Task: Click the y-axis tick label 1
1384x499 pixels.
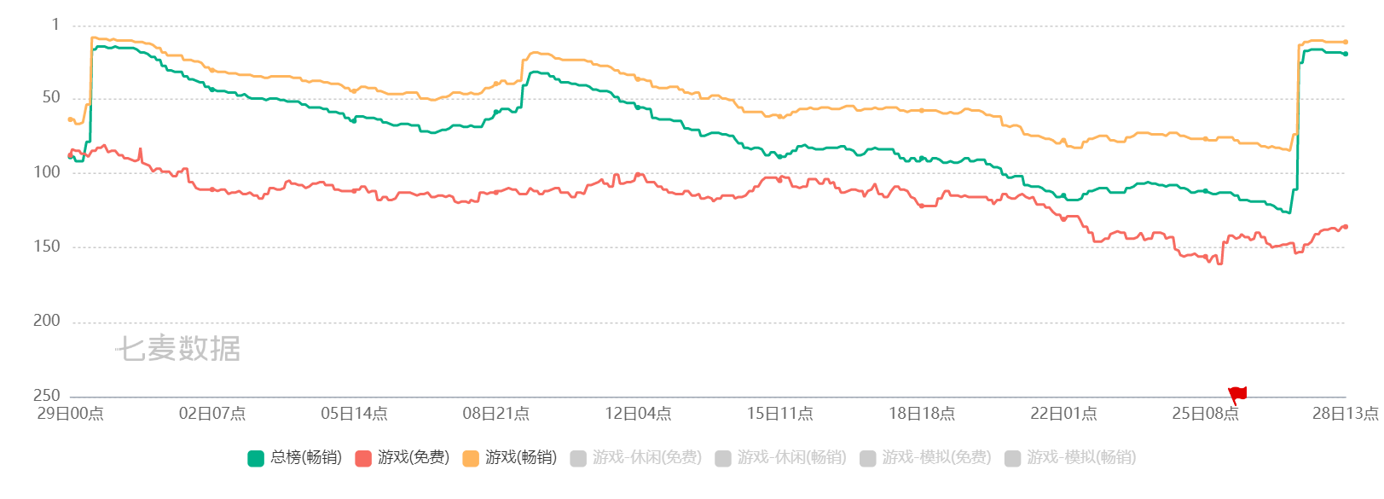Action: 55,25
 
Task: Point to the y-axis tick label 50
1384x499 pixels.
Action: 51,97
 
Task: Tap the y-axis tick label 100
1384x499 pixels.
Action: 47,171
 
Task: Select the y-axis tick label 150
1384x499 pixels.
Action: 47,246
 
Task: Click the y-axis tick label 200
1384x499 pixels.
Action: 47,320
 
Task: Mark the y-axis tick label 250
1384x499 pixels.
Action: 47,395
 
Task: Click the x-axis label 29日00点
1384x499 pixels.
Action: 70,414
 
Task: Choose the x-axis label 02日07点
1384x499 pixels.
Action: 211,414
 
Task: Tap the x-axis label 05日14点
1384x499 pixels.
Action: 354,414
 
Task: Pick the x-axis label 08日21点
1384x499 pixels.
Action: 495,414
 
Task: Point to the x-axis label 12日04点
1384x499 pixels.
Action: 638,414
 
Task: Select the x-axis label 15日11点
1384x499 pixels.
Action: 779,414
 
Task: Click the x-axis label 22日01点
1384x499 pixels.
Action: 1063,414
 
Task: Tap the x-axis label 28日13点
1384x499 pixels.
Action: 1345,414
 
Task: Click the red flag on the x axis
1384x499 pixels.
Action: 1237,395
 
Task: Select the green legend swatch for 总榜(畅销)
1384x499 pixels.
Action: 255,458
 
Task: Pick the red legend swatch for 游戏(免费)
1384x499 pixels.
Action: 363,458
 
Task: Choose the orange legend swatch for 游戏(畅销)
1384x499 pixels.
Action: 471,458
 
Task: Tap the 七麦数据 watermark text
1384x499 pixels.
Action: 177,348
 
